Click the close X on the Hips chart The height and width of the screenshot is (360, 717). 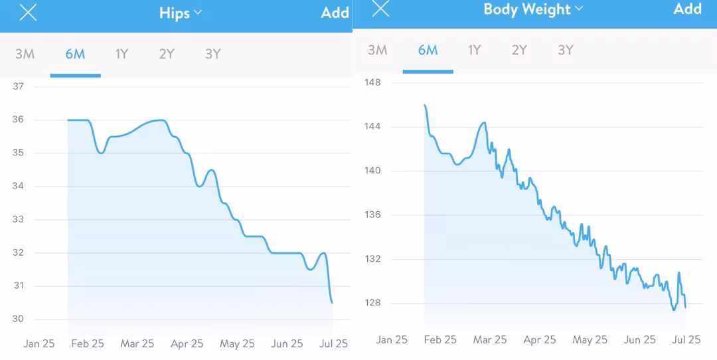point(28,13)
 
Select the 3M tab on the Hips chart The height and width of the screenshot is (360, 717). point(25,54)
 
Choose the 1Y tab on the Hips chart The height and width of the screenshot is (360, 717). point(121,54)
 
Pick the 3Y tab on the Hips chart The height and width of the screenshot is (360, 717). point(212,54)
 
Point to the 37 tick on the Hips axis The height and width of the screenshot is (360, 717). point(19,86)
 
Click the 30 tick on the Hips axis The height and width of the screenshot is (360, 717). point(19,319)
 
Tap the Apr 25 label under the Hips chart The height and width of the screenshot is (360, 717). point(187,343)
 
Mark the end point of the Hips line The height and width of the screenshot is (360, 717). point(332,303)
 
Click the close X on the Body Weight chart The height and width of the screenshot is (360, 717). point(380,9)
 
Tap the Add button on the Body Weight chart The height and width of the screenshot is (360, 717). point(688,9)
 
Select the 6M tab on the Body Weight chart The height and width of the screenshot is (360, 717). point(428,50)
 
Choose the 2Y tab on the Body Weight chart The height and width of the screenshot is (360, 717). point(519,50)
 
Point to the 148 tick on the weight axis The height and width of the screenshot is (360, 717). point(372,82)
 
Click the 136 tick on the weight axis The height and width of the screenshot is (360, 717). point(372,215)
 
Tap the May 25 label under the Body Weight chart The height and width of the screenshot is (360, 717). point(591,339)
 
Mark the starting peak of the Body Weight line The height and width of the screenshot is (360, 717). point(425,105)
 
